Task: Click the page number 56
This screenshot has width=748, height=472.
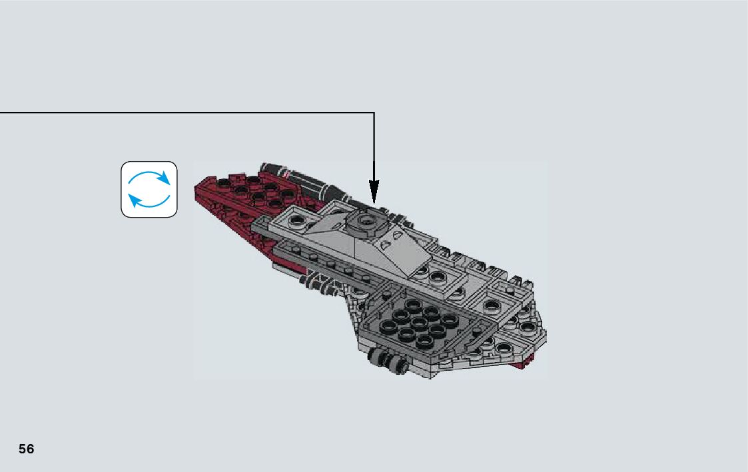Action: pyautogui.click(x=26, y=449)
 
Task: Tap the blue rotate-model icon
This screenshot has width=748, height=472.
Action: pyautogui.click(x=149, y=189)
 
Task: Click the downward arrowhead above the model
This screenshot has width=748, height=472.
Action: pyautogui.click(x=374, y=193)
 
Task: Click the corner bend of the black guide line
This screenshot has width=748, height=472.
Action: pyautogui.click(x=374, y=113)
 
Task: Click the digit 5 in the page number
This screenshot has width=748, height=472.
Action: pyautogui.click(x=22, y=449)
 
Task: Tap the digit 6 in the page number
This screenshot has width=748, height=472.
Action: pyautogui.click(x=30, y=449)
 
